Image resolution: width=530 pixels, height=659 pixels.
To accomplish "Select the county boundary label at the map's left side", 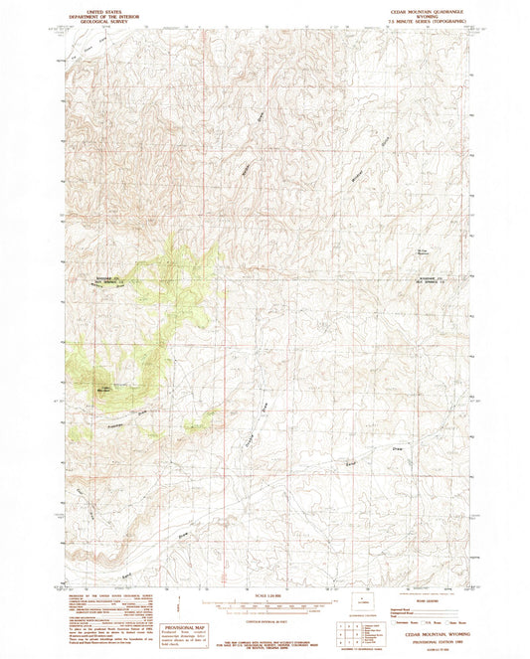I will (103, 279).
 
